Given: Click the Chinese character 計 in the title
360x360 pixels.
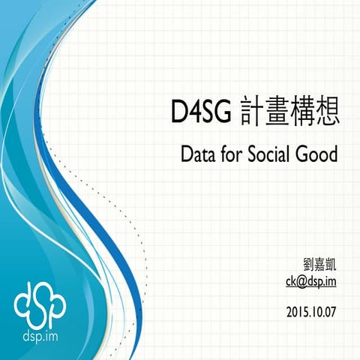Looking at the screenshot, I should click(x=253, y=115).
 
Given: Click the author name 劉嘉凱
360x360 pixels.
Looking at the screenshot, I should click(x=318, y=265).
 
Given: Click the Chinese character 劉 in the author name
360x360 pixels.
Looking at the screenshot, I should click(x=305, y=265).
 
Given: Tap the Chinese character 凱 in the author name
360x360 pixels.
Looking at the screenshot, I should click(x=331, y=265).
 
